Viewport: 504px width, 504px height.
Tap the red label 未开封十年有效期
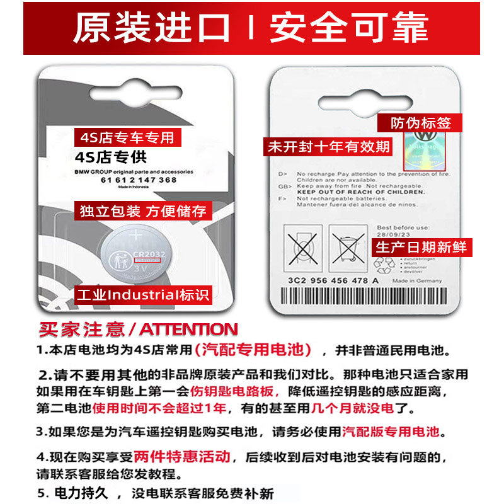click(x=328, y=147)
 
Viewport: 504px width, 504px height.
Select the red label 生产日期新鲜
click(x=421, y=246)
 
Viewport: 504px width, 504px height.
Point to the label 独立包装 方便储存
click(x=143, y=211)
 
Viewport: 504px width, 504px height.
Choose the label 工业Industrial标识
click(x=143, y=294)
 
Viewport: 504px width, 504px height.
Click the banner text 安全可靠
click(x=349, y=28)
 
